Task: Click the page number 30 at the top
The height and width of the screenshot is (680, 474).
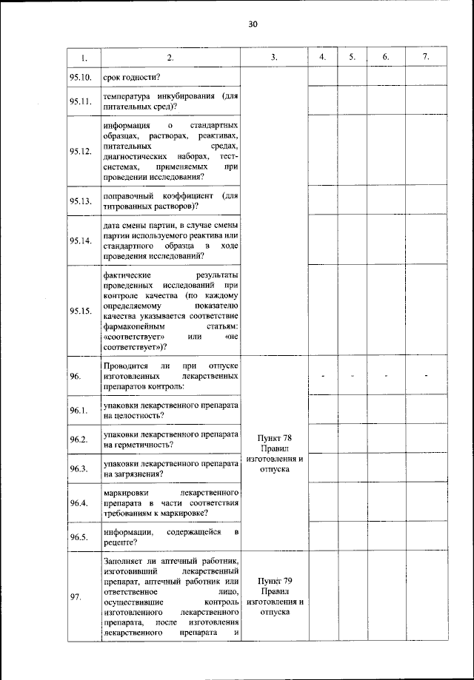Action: (x=252, y=24)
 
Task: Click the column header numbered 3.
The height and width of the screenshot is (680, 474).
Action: (x=274, y=57)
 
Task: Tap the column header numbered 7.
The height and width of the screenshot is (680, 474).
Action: (x=425, y=57)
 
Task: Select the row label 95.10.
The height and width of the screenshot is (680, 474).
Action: (x=80, y=77)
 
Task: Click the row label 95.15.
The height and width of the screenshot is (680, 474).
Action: (x=80, y=311)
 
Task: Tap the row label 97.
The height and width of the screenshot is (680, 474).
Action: (x=75, y=598)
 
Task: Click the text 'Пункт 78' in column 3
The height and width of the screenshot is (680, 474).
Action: (x=274, y=437)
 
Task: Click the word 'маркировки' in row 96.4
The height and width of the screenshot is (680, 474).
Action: (x=128, y=491)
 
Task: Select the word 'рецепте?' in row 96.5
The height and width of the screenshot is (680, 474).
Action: (x=123, y=542)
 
